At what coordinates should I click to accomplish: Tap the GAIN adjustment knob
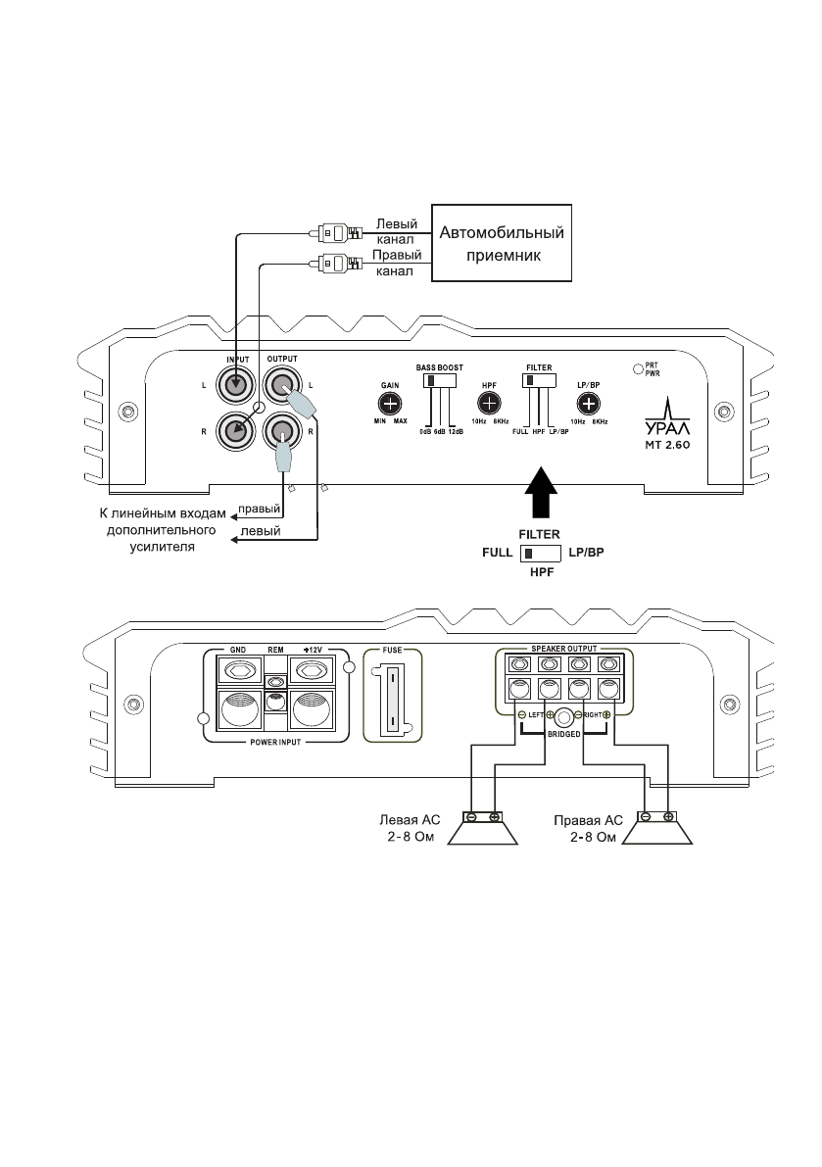[390, 404]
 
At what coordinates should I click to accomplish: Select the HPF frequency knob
[488, 403]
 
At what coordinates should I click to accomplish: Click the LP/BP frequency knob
[588, 403]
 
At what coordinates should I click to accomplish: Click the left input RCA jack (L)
[237, 385]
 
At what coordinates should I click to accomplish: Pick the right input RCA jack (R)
[237, 429]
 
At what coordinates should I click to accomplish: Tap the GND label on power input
[237, 650]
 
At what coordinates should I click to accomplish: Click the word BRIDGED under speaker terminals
[564, 732]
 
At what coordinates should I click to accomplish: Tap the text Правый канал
[396, 263]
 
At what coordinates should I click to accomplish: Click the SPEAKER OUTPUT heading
[563, 649]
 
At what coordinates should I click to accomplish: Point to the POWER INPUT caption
[275, 743]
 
